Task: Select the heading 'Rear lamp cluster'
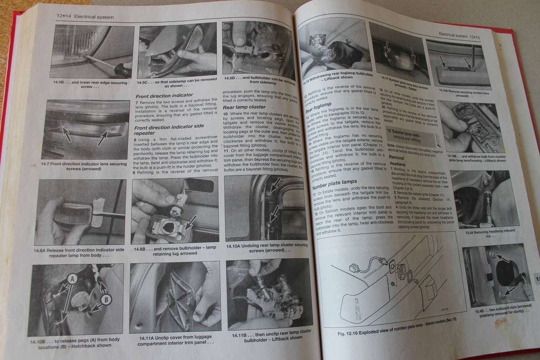click(x=245, y=107)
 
